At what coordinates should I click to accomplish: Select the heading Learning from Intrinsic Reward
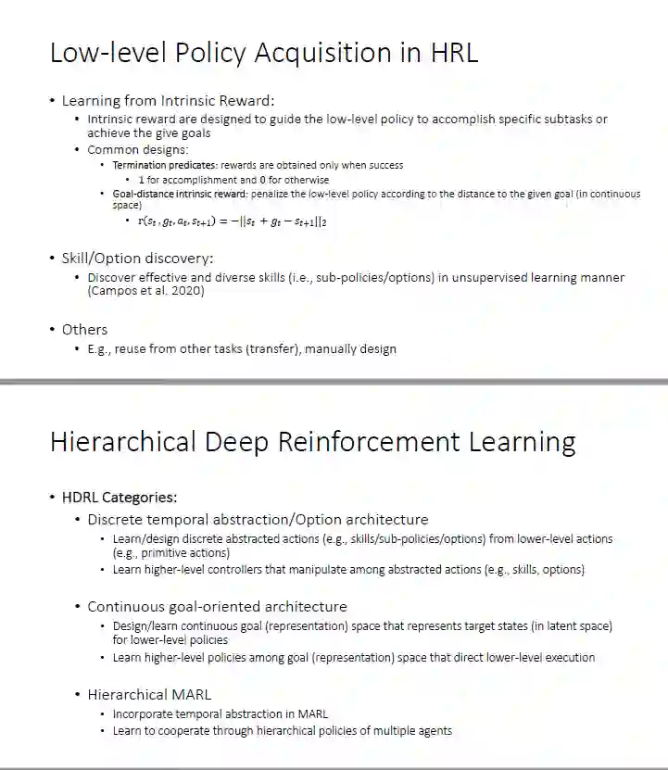[168, 100]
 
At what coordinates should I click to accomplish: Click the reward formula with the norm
[232, 221]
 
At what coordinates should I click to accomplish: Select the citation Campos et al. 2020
[145, 291]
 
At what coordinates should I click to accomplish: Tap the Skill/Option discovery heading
[137, 258]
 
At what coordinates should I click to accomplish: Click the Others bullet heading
[84, 330]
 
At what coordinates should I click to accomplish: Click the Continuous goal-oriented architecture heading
[217, 607]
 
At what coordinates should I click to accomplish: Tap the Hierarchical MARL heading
[149, 694]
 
